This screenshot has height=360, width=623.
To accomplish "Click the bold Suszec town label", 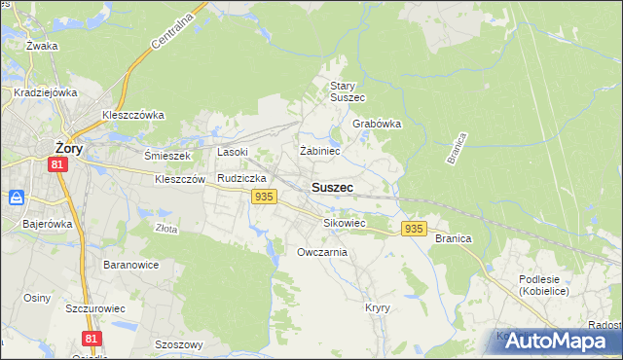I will pyautogui.click(x=332, y=186).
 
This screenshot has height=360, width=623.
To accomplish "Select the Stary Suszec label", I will pyautogui.click(x=347, y=91).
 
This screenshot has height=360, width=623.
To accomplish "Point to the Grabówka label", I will pyautogui.click(x=377, y=125).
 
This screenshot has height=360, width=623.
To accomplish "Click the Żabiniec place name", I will pyautogui.click(x=319, y=151).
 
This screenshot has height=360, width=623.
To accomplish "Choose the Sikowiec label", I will pyautogui.click(x=344, y=223).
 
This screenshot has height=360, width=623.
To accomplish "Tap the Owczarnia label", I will pyautogui.click(x=322, y=252).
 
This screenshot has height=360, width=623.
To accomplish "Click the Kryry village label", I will pyautogui.click(x=378, y=307).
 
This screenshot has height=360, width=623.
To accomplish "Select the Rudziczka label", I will pyautogui.click(x=241, y=178).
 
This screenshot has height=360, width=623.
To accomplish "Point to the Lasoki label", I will pyautogui.click(x=233, y=152).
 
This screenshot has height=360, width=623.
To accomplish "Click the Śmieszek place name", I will pyautogui.click(x=168, y=155).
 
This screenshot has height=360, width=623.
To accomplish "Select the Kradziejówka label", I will pyautogui.click(x=46, y=93).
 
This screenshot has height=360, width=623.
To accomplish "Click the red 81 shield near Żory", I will pyautogui.click(x=58, y=165).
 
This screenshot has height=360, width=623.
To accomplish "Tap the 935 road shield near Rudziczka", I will pyautogui.click(x=262, y=197).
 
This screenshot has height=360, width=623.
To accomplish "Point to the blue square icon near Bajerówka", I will pyautogui.click(x=17, y=198).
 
